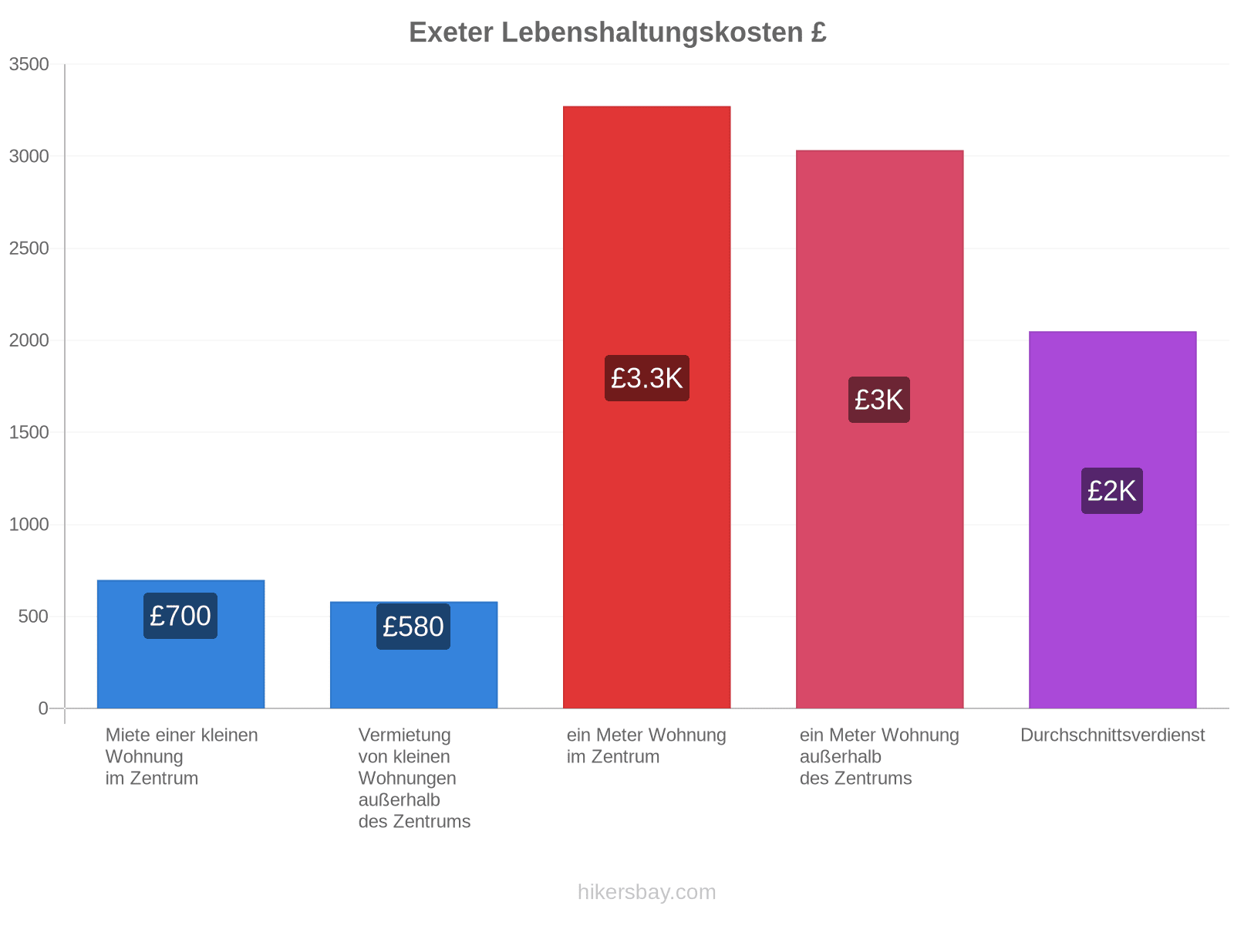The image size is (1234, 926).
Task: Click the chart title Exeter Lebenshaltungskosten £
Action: coord(617,32)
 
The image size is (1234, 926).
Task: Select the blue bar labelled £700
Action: coord(180,644)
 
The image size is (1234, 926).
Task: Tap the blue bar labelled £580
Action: coord(413,654)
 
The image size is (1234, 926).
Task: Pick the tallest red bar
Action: coord(646,407)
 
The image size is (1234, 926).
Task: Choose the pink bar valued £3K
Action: coord(879,429)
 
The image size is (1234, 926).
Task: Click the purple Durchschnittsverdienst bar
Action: coord(1112,519)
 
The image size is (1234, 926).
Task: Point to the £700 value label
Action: coord(180,616)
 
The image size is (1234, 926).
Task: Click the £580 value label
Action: coord(413,627)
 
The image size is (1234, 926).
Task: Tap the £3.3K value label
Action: coord(646,378)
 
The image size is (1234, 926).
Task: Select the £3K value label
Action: coord(878,400)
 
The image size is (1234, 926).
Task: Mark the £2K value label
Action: coord(1111,491)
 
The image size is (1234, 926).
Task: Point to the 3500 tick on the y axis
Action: coord(29,64)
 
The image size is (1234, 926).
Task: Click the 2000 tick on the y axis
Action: coord(29,340)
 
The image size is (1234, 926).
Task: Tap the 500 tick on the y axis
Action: coord(34,617)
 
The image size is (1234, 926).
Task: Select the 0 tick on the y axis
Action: coord(43,708)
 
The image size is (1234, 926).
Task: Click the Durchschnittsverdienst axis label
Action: coord(1112,735)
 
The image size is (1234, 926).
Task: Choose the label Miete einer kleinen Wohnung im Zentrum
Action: coord(181,756)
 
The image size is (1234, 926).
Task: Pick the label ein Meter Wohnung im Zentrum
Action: coord(646,745)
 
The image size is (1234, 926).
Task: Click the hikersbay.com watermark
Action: coord(646,892)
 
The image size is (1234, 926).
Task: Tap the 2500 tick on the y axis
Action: coord(29,248)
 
